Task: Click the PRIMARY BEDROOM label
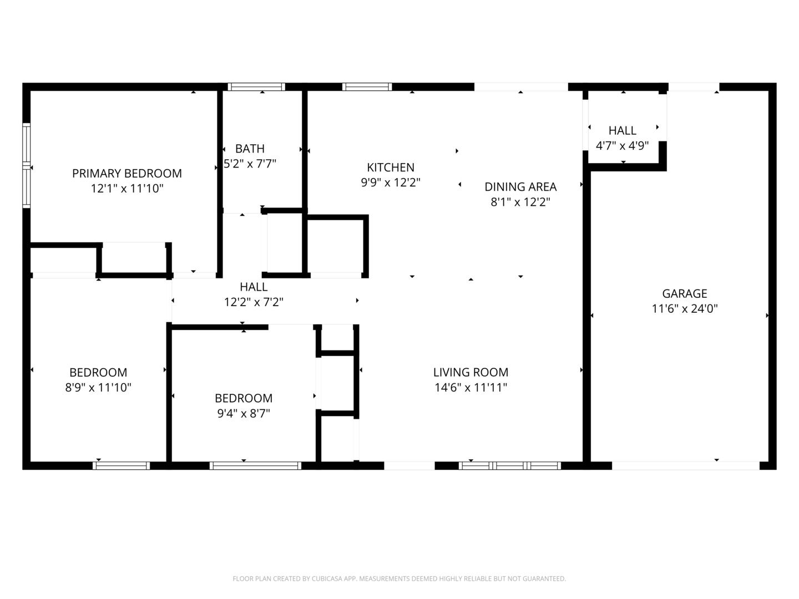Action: (x=127, y=174)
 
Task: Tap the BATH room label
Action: (x=250, y=149)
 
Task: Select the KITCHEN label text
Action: (x=391, y=167)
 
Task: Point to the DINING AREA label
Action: (x=520, y=186)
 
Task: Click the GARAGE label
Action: (x=684, y=293)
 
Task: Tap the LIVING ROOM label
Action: (x=471, y=372)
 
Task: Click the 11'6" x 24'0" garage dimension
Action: (x=684, y=309)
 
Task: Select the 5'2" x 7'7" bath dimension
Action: (x=250, y=164)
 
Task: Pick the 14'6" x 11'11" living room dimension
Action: (x=471, y=387)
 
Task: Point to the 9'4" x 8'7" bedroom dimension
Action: (x=244, y=414)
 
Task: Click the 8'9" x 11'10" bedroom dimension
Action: (x=98, y=388)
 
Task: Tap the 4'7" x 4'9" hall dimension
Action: (x=622, y=146)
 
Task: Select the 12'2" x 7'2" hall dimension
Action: (x=254, y=302)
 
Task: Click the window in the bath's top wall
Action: (x=257, y=87)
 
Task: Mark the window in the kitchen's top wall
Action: (x=367, y=87)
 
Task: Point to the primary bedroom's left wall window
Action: (x=26, y=165)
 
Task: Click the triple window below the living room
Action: (x=509, y=465)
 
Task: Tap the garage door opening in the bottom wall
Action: (x=686, y=465)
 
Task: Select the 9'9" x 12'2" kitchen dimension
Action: (x=391, y=182)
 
